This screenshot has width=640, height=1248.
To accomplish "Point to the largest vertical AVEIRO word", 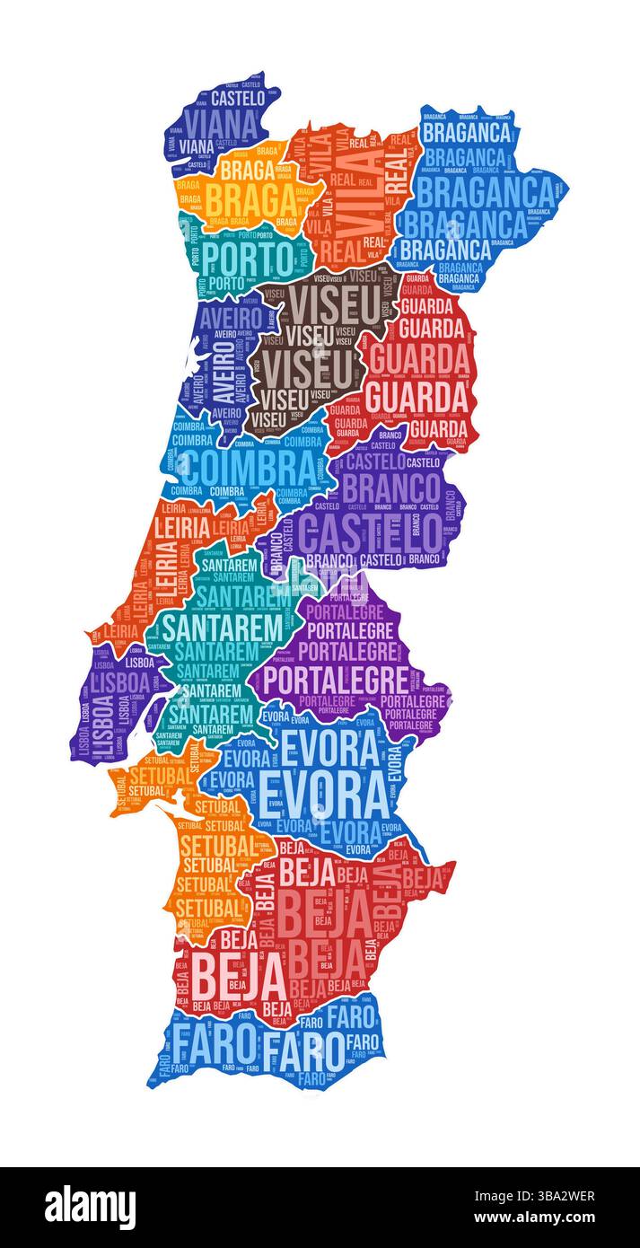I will click(x=231, y=371).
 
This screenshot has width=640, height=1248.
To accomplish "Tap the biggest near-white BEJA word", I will click(x=228, y=971).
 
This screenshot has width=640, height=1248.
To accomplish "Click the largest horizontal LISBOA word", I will click(x=120, y=683).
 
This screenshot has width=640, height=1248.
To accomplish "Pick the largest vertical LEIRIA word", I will click(x=165, y=572).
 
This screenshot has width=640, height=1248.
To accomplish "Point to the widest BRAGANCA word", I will click(x=486, y=191).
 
